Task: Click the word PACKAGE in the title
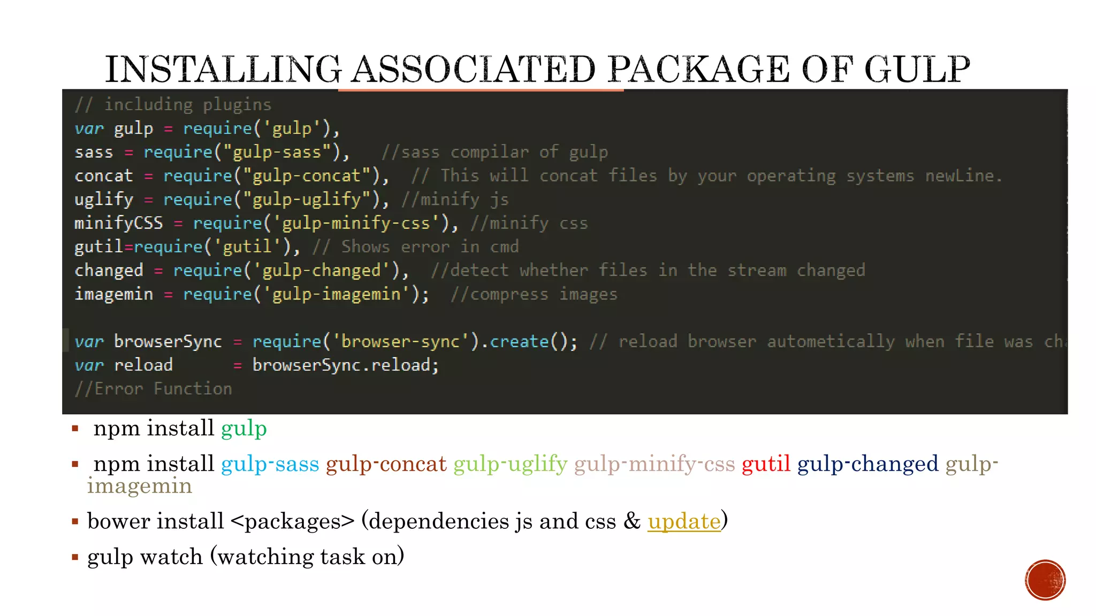[698, 70]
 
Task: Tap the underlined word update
[684, 521]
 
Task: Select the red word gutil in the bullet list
[766, 464]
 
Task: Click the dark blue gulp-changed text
[867, 464]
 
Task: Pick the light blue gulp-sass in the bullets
[270, 464]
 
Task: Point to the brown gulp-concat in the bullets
[386, 464]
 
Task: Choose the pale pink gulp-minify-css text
[654, 464]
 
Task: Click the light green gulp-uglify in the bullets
[511, 464]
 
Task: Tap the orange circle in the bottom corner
[1045, 580]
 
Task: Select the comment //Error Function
[154, 389]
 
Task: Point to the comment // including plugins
[173, 104]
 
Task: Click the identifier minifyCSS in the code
[119, 222]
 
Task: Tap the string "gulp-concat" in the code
[307, 175]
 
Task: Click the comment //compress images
[534, 294]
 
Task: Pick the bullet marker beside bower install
[75, 521]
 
